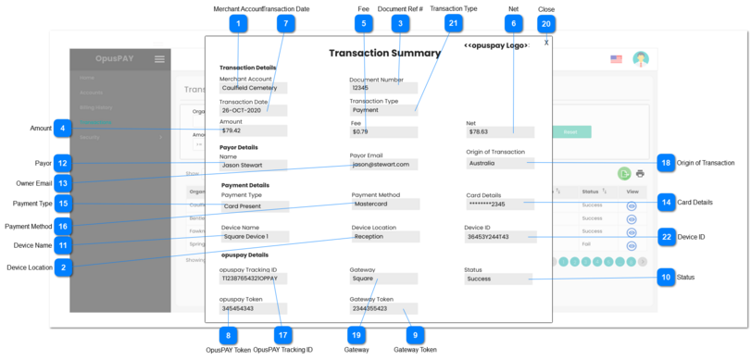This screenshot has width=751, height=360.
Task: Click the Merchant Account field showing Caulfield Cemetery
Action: tap(253, 89)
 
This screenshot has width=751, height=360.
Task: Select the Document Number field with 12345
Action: tap(382, 89)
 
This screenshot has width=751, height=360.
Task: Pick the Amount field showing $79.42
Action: tap(253, 131)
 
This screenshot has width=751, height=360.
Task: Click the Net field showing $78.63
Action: tap(499, 132)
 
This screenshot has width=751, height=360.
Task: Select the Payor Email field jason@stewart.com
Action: tap(382, 165)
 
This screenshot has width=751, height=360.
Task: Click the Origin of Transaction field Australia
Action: tap(499, 163)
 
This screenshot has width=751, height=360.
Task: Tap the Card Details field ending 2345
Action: tap(499, 205)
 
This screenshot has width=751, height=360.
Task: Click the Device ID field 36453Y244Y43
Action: tap(499, 237)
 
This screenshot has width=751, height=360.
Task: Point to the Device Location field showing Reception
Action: tap(384, 237)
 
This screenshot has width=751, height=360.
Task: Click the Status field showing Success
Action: tap(499, 279)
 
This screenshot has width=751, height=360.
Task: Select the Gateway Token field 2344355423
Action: tap(382, 309)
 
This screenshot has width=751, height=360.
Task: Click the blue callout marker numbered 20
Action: tap(546, 23)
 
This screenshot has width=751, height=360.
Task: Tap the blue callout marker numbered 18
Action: tap(665, 162)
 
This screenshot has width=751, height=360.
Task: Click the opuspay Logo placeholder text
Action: tap(496, 45)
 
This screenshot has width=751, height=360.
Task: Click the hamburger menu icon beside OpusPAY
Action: tap(159, 59)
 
